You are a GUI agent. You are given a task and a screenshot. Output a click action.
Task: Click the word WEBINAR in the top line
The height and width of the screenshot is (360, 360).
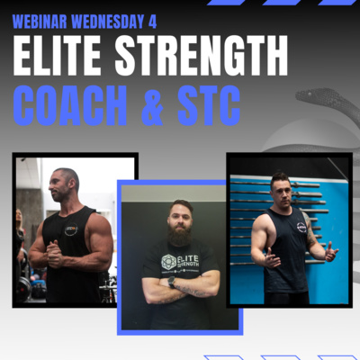(40, 22)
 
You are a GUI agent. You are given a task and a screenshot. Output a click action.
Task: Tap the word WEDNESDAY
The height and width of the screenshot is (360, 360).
(108, 22)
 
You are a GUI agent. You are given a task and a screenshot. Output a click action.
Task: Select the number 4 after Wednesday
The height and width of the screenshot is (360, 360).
(152, 22)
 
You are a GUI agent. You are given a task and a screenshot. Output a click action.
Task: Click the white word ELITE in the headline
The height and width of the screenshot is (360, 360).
(57, 56)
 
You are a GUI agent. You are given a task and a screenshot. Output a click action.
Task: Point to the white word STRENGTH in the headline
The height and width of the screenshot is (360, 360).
(202, 56)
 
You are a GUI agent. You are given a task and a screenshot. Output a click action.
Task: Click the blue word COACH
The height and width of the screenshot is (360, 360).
(70, 105)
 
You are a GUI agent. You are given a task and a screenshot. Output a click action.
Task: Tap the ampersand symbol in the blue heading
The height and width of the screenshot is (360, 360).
(152, 105)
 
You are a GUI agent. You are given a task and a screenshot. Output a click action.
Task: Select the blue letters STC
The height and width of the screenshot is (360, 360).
(209, 105)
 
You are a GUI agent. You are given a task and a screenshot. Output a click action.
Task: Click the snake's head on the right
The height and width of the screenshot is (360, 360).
(309, 96)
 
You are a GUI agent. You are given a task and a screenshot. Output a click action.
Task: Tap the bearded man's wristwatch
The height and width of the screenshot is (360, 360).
(172, 282)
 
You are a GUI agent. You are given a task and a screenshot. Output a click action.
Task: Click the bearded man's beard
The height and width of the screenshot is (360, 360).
(180, 232)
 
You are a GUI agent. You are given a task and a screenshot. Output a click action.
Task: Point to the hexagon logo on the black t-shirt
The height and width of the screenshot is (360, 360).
(168, 262)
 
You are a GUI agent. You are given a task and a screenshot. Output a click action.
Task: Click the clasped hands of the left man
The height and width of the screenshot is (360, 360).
(55, 254)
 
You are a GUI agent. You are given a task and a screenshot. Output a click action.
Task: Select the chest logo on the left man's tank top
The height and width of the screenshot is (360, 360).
(71, 229)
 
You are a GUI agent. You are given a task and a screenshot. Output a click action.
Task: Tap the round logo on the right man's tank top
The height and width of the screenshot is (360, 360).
(301, 227)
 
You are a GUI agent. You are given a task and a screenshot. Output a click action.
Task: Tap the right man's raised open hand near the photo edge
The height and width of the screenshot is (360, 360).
(331, 251)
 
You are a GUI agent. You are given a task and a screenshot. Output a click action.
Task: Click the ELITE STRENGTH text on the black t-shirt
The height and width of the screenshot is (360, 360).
(188, 261)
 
